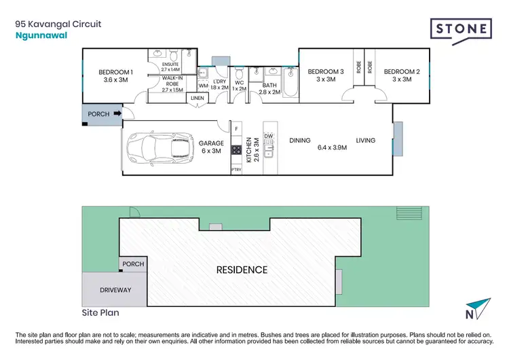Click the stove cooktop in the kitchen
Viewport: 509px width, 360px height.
[x=237, y=151]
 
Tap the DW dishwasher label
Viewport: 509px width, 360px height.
[x=269, y=136]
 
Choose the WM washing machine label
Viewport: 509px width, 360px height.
[x=203, y=86]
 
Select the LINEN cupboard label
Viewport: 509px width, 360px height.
[x=197, y=99]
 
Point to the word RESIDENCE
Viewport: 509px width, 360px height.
[x=242, y=270]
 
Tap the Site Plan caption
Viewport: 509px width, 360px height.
[x=92, y=314]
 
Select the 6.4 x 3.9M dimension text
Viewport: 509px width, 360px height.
[x=333, y=147]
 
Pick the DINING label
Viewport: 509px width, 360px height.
[x=299, y=141]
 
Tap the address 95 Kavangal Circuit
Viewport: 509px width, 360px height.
[x=58, y=23]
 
